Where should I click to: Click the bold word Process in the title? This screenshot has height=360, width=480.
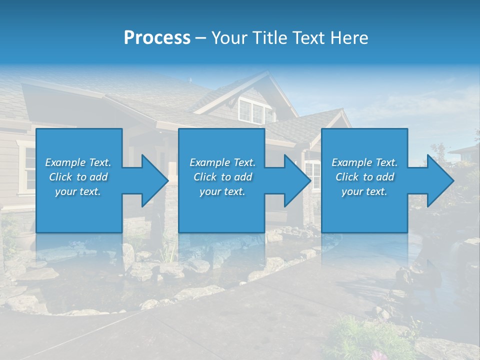[157, 38]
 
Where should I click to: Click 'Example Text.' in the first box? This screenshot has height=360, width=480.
[78, 162]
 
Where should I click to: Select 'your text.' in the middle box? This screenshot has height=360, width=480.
[222, 191]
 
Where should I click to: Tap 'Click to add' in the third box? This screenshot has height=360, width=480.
[364, 177]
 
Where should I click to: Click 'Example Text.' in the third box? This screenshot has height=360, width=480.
[364, 162]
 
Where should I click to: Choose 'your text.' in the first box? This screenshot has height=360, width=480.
[78, 191]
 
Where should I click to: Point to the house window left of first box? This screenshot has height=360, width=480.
[26, 168]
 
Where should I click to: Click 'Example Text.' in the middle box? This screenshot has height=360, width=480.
[222, 162]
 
